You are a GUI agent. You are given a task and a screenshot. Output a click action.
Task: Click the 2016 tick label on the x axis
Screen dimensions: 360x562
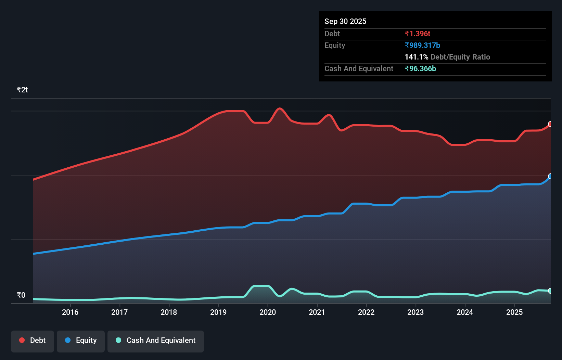[70, 312]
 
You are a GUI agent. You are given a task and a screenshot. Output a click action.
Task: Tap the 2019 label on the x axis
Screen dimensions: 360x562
[218, 312]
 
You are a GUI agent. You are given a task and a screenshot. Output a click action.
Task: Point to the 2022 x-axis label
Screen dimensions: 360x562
[366, 312]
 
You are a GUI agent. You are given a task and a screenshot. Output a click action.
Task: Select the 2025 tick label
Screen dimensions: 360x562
[514, 312]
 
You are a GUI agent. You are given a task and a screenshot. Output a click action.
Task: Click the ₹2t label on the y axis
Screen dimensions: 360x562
[22, 90]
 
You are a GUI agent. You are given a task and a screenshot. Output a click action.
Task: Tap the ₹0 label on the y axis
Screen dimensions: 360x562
[21, 295]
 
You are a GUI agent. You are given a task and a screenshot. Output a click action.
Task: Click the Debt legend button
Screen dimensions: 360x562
[33, 340]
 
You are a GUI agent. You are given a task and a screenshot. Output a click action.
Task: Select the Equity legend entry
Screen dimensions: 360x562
[81, 340]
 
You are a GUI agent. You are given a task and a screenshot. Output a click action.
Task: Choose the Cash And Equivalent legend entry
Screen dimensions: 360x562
[156, 340]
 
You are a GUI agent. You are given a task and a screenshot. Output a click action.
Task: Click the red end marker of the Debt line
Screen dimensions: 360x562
[550, 124]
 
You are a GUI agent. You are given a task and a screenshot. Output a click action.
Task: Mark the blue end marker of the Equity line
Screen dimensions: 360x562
[550, 176]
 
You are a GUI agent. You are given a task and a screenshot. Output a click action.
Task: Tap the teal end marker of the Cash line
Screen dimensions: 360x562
[550, 291]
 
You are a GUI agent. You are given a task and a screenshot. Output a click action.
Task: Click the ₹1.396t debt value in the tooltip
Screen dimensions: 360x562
[417, 34]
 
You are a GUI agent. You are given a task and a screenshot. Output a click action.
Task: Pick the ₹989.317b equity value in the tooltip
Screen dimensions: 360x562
[422, 45]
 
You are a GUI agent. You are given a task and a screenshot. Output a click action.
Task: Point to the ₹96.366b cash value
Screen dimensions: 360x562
[420, 68]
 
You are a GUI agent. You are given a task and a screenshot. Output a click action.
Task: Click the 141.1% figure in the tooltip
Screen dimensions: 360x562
[416, 57]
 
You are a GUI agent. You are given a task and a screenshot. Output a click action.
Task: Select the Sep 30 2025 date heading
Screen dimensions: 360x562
[345, 21]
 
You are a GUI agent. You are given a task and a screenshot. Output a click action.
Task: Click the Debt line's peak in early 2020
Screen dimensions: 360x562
[280, 108]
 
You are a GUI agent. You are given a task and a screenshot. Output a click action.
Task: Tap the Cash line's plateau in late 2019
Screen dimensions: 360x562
[261, 286]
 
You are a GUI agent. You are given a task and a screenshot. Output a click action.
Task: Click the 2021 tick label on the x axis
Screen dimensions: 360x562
[317, 312]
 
